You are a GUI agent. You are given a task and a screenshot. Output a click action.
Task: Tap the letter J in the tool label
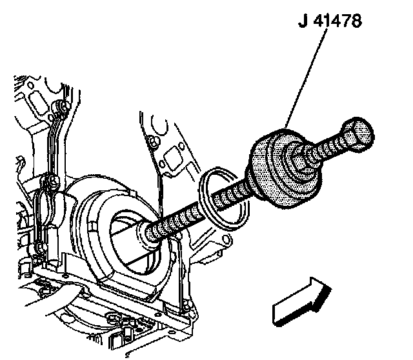[303, 22]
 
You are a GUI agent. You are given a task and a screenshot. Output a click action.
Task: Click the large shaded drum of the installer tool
[271, 171]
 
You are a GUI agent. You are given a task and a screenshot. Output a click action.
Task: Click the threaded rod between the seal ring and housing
[187, 214]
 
